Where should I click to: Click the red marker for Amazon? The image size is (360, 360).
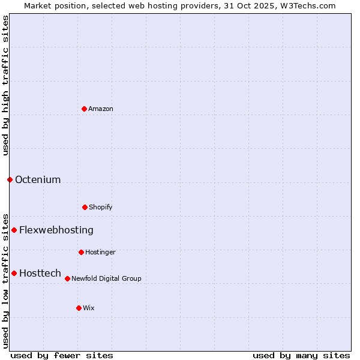(85, 109)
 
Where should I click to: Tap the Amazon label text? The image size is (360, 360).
(101, 109)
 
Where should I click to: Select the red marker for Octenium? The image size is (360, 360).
(10, 179)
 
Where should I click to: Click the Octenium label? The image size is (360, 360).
(38, 180)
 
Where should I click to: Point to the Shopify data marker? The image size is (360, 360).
(85, 207)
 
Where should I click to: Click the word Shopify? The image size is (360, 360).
(101, 208)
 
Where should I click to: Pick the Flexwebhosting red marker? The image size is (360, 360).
(14, 230)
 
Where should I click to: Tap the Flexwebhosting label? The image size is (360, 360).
(56, 230)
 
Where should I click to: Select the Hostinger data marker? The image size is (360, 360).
(81, 252)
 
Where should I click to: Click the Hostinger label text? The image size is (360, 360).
(100, 253)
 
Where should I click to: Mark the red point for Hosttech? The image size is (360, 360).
(14, 273)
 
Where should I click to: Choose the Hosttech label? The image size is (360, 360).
(40, 274)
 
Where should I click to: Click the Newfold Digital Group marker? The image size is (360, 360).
(67, 278)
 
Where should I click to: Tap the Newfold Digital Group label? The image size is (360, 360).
(106, 279)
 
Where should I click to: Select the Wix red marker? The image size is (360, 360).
(79, 308)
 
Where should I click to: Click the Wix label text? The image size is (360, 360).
(89, 308)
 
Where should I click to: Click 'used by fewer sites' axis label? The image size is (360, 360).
(62, 356)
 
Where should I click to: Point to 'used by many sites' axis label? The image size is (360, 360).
(301, 356)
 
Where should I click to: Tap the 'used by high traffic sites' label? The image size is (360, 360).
(5, 85)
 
